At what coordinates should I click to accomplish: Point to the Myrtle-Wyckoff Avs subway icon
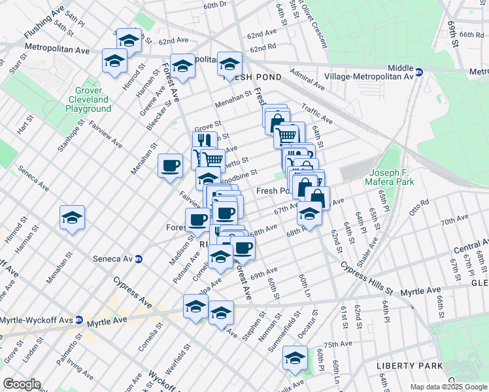pos(78,320)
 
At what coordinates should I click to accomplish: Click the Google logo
pos(22,384)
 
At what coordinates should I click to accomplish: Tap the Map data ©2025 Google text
pos(448,387)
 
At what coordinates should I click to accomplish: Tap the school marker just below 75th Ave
pos(295,358)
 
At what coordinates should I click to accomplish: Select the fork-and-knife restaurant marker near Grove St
pos(205,140)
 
